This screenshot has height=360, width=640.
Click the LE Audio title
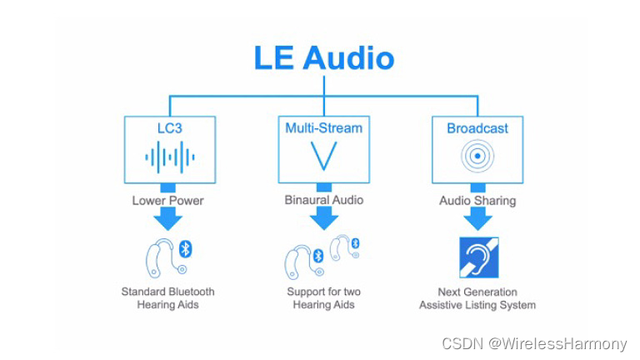(x=323, y=58)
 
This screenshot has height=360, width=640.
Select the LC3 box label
(x=169, y=128)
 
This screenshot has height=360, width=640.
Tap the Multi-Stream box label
(x=323, y=128)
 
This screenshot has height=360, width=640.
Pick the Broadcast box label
(x=477, y=128)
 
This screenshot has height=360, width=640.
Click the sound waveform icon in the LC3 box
(x=169, y=156)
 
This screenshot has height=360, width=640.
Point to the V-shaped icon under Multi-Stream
(x=323, y=156)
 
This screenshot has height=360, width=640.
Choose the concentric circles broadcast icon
(x=477, y=156)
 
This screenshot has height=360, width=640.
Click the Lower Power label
(x=167, y=201)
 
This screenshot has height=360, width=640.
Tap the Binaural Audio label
(x=323, y=201)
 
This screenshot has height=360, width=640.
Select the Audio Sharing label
(x=477, y=201)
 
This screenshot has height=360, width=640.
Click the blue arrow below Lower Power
(x=168, y=218)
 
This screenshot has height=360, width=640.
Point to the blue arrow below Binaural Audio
(x=323, y=218)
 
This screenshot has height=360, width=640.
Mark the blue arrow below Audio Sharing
(x=477, y=218)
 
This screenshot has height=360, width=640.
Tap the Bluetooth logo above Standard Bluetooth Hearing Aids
(x=186, y=247)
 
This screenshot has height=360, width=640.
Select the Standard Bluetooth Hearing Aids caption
(x=167, y=298)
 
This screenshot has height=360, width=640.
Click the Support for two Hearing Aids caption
(x=323, y=298)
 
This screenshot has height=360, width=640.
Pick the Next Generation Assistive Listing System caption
(x=477, y=298)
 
